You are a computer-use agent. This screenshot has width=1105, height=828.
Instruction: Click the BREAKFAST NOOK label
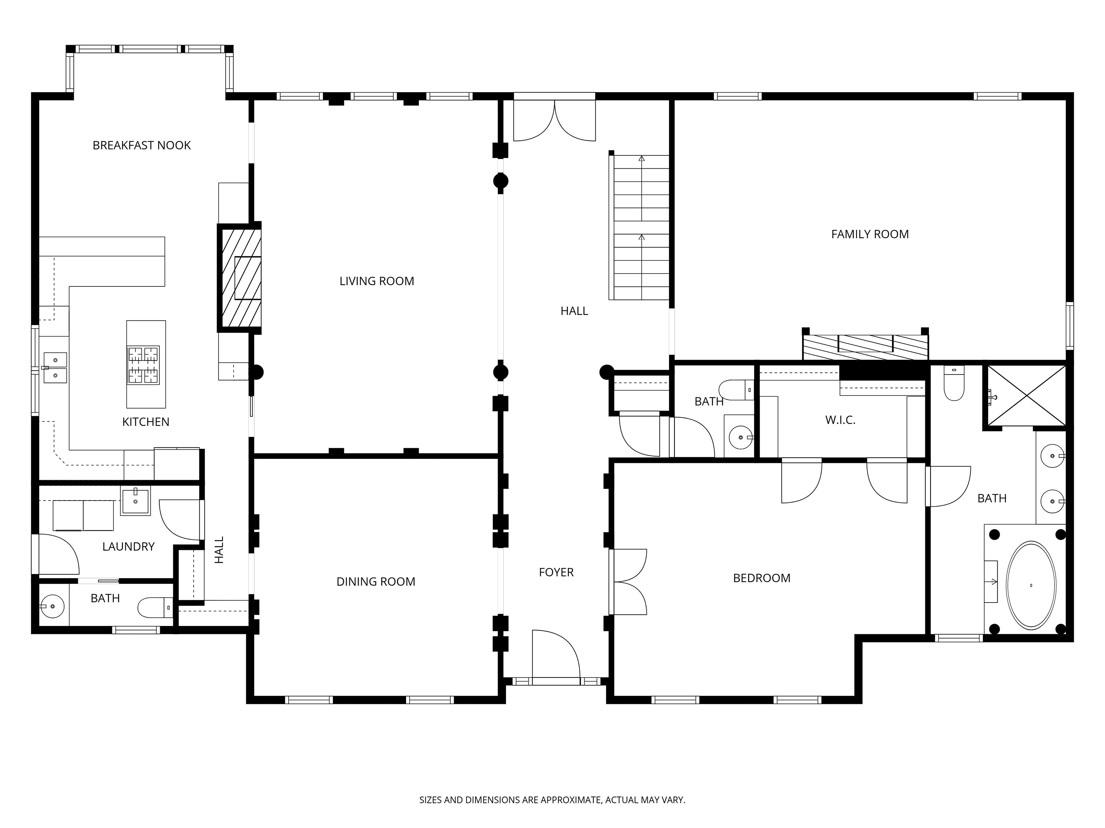tap(142, 145)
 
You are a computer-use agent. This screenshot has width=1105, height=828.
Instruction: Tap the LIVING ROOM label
tap(377, 281)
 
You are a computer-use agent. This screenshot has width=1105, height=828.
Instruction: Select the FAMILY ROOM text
tap(870, 234)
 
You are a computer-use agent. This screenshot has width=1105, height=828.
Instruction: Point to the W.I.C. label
tap(840, 420)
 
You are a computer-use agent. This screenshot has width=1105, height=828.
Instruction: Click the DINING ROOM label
tap(376, 581)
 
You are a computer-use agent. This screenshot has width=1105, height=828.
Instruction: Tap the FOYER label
tap(556, 572)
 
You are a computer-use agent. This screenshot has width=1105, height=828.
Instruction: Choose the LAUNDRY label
tap(128, 546)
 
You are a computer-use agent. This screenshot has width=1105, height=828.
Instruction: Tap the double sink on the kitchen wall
tap(55, 368)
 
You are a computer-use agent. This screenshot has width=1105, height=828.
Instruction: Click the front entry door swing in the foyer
tap(555, 655)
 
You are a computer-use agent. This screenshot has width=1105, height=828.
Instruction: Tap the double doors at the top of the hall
tap(555, 121)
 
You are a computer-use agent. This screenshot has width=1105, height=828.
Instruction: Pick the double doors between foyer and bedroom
tap(628, 581)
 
